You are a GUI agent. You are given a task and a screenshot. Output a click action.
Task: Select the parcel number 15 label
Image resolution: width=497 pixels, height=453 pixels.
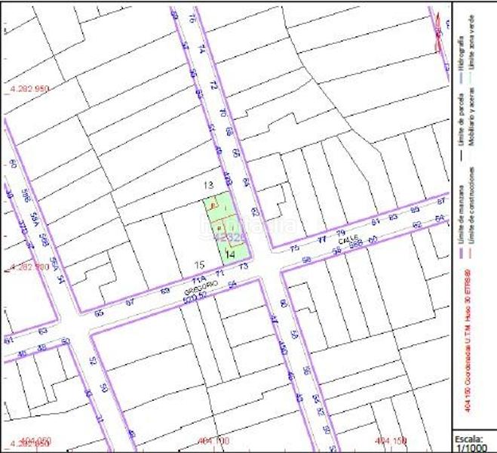199,264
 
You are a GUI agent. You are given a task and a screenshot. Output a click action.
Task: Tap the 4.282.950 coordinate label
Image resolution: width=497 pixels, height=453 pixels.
29,88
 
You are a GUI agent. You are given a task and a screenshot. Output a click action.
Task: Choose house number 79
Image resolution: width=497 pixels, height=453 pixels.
340,233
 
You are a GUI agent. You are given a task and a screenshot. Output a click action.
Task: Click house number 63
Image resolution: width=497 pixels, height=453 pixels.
42,331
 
